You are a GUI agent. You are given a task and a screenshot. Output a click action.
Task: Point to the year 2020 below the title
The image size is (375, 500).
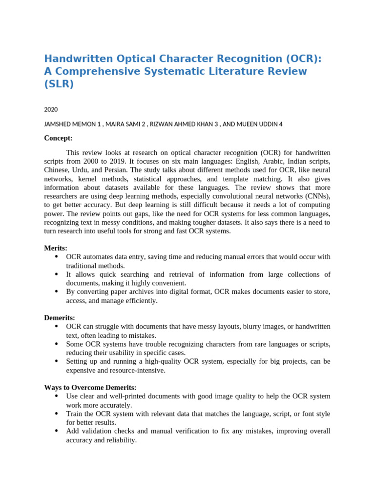click(51, 109)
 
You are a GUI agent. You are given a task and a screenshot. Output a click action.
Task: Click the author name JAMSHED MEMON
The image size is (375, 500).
click(70, 124)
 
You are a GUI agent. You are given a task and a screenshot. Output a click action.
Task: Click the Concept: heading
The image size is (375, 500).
click(58, 138)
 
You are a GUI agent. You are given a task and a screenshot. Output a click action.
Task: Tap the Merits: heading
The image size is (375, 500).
click(56, 248)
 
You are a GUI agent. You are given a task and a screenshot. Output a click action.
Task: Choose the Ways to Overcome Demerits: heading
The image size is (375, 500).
click(90, 387)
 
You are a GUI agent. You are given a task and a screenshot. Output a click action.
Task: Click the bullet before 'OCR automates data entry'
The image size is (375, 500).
click(57, 257)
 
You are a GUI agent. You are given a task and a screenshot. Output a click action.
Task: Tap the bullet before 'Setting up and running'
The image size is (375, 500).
click(57, 361)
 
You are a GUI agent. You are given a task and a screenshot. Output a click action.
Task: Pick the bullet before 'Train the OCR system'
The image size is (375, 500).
click(57, 414)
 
